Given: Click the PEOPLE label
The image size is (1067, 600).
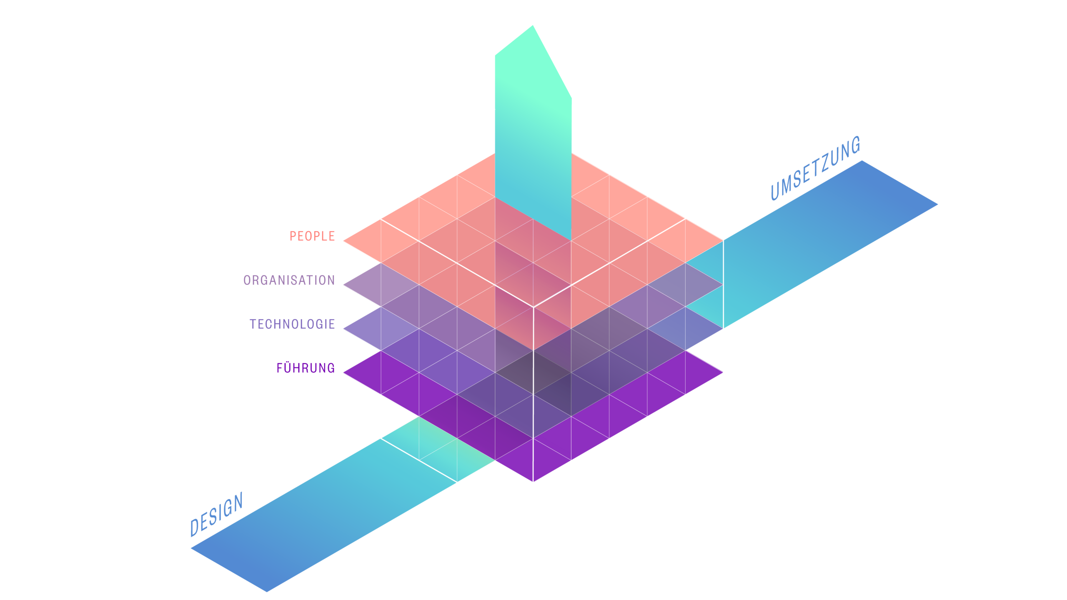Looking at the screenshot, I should (312, 236).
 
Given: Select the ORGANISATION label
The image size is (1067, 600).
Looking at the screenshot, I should (289, 280).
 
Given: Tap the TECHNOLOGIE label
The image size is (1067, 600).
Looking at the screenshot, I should (292, 324).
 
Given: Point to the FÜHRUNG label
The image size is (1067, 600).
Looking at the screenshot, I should (306, 368).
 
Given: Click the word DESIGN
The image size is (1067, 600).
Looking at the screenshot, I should (216, 515).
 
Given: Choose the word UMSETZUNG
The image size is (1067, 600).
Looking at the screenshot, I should (815, 168).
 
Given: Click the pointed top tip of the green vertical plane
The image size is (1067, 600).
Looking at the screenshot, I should (532, 26).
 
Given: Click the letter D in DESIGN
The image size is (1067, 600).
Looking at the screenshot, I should (195, 527).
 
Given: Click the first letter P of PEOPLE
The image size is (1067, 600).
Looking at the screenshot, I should (293, 236).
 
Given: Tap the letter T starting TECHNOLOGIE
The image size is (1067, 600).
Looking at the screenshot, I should (253, 324).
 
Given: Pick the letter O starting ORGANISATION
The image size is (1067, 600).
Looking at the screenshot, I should (247, 280).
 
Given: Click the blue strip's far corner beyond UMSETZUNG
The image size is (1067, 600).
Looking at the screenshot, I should (938, 205).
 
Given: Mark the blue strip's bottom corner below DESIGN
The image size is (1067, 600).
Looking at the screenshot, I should (267, 591).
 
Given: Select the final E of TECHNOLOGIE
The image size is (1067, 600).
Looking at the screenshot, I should (332, 324).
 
